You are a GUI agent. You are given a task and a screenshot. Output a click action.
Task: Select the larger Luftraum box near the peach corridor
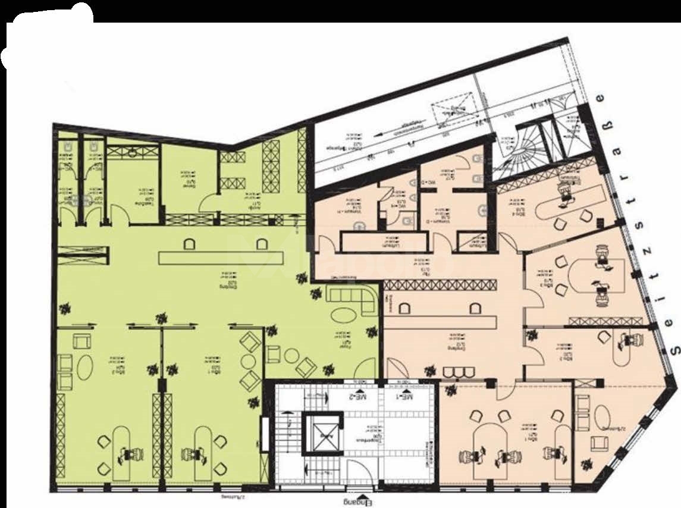coord(384,242)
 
